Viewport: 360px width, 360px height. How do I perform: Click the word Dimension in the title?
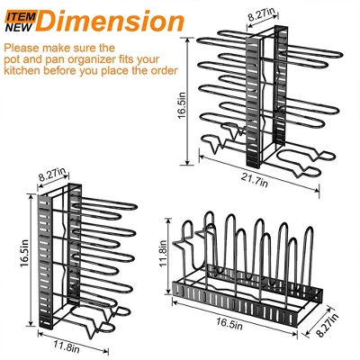click(111, 21)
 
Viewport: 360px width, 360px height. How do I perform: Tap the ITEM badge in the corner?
click(21, 16)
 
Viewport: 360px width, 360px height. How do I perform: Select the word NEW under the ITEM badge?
click(19, 28)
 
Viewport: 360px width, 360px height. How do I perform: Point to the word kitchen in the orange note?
click(22, 71)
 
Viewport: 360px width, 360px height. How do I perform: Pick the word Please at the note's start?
click(21, 48)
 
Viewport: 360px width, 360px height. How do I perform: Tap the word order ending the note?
click(165, 71)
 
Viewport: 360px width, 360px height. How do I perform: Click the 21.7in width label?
click(255, 181)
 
